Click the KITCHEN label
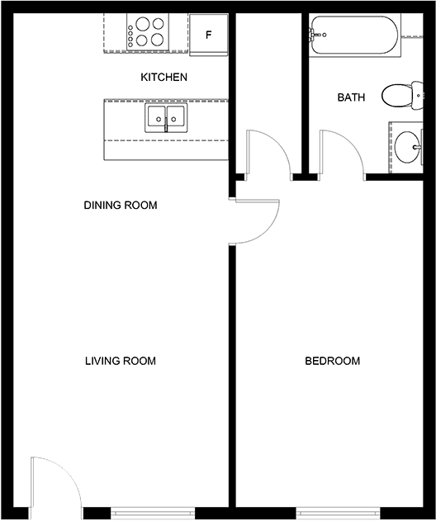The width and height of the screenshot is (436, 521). tap(163, 77)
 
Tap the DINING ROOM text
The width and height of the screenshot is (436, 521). tap(121, 205)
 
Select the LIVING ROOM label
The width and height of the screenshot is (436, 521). tap(121, 361)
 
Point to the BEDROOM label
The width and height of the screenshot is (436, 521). tap(332, 361)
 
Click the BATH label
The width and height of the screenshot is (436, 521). tap(351, 97)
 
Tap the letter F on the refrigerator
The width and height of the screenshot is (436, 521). tap(209, 35)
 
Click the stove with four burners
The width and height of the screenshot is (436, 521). tap(148, 32)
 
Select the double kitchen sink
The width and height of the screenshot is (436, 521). tap(166, 117)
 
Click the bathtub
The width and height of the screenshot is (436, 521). tap(353, 35)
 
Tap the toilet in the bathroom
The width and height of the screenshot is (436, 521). tap(402, 95)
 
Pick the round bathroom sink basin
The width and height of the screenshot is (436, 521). tap(408, 147)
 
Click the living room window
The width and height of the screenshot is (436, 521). tap(153, 513)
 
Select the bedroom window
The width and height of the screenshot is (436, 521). tap(338, 513)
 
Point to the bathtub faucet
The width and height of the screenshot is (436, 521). tap(318, 35)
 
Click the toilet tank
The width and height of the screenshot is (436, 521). tap(417, 95)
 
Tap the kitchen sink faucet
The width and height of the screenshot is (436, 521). tap(166, 125)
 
